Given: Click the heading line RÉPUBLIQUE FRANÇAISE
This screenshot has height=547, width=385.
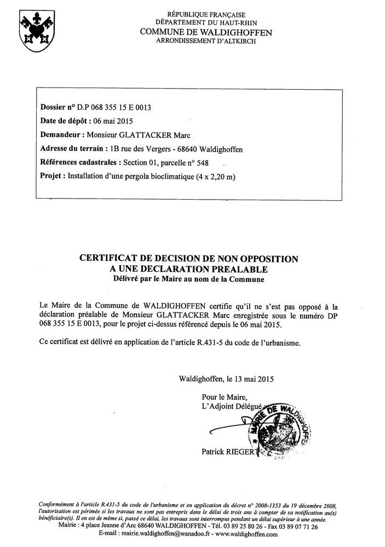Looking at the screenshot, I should [x=206, y=15].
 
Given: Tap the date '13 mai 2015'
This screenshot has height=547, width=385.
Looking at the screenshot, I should [x=251, y=379].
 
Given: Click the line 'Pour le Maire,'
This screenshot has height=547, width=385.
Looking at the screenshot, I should [x=225, y=397].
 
